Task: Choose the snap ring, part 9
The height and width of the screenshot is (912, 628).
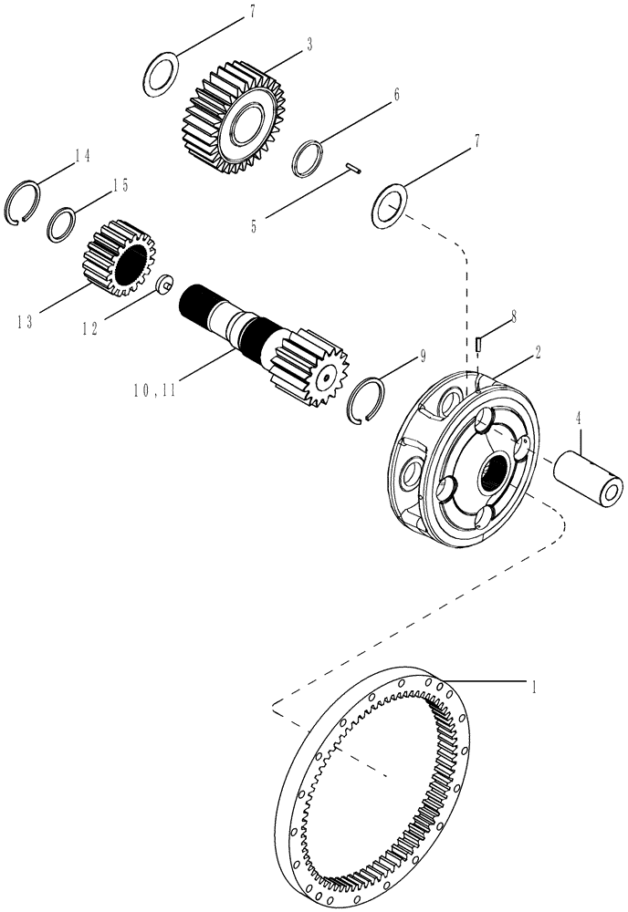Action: pos(374,401)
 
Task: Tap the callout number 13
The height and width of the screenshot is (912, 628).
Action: pos(24,321)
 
